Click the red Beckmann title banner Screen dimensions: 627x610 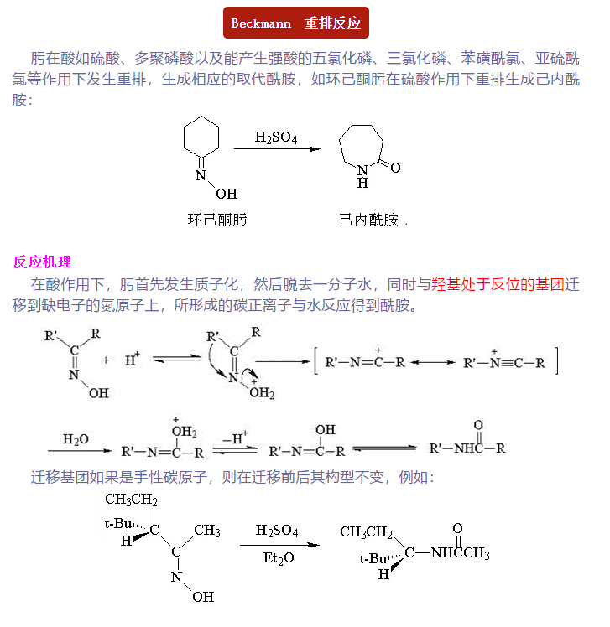point(296,23)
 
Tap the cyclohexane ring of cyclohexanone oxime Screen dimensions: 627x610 point(201,137)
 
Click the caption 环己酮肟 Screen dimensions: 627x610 point(216,220)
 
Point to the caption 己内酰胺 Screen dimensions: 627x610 point(368,220)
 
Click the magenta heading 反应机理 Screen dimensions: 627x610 point(42,262)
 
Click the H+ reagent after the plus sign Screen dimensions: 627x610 point(133,360)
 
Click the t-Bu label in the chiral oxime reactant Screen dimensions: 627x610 point(118,523)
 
